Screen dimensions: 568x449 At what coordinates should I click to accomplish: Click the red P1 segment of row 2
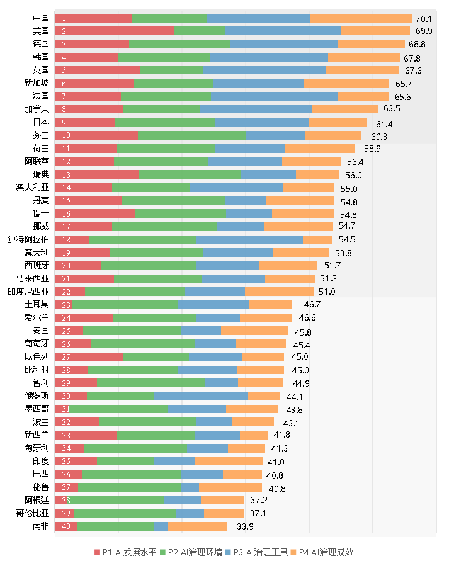[x=115, y=31]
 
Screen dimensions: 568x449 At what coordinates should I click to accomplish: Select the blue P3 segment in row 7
[x=275, y=96]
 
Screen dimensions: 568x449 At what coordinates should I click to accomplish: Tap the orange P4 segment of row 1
[x=360, y=18]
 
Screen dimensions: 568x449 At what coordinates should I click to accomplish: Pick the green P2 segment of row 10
[x=192, y=135]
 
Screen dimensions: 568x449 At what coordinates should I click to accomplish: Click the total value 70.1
[x=423, y=19]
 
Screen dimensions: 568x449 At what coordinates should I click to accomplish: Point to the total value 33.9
[x=245, y=526]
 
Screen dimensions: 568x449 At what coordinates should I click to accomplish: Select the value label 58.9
[x=372, y=149]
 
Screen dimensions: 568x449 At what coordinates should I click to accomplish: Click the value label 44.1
[x=294, y=396]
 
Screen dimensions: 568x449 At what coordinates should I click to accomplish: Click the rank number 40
[x=66, y=526]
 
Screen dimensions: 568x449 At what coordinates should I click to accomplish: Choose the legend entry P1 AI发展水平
[x=125, y=552]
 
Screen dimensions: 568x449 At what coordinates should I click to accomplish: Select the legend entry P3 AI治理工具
[x=256, y=552]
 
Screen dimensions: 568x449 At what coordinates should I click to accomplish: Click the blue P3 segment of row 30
[x=201, y=396]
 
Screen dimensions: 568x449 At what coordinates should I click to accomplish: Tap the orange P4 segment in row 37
[x=230, y=487]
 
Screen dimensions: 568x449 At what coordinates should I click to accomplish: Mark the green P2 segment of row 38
[x=117, y=500]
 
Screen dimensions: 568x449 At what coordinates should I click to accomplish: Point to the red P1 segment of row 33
[x=86, y=435]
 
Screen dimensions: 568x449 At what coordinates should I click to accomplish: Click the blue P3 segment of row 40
[x=160, y=526]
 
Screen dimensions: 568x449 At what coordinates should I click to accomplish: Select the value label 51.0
[x=327, y=292]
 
